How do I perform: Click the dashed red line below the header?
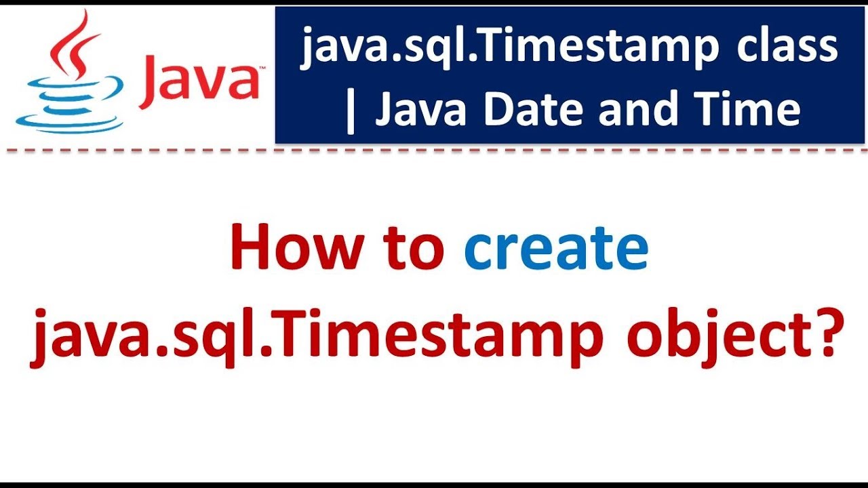(x=434, y=151)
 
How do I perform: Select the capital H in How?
(x=250, y=248)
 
